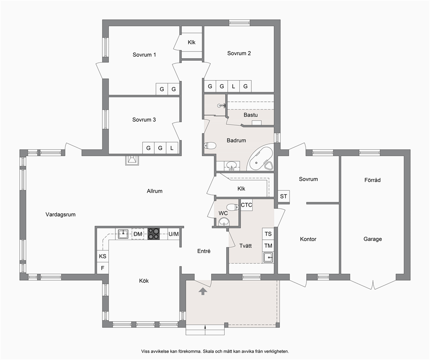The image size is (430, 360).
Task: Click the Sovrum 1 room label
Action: click(144, 55)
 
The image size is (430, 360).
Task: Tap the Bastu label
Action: click(251, 115)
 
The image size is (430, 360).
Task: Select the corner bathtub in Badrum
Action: click(260, 159)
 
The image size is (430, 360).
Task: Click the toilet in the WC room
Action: click(232, 207)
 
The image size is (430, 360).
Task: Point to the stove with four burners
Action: click(153, 234)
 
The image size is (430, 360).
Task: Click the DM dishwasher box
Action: click(138, 234)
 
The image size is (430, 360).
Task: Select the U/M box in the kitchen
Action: click(173, 234)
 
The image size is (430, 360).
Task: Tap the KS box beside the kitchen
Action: click(103, 256)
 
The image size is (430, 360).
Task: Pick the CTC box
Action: click(246, 205)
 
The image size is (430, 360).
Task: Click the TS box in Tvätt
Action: click(268, 234)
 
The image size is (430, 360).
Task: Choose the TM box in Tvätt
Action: click(268, 246)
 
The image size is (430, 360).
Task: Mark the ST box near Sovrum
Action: click(283, 196)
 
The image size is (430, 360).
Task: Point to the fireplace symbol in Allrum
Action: click(132, 160)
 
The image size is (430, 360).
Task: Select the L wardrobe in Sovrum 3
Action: click(172, 148)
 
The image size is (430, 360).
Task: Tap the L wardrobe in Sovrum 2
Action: click(233, 86)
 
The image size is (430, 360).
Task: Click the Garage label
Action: click(372, 239)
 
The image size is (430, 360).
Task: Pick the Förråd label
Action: click(372, 180)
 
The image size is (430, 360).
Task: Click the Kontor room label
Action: click(308, 239)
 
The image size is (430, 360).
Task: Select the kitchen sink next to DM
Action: click(124, 234)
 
